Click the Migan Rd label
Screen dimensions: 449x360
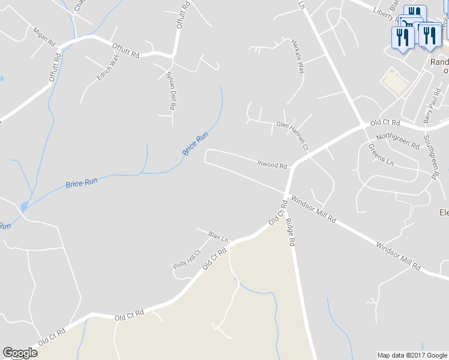[x=44, y=37]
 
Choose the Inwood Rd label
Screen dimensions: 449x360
[x=272, y=164]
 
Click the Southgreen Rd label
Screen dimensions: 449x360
[x=430, y=157]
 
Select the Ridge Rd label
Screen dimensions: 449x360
[x=291, y=233]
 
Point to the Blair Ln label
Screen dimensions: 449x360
[x=219, y=236]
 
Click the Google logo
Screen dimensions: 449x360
[x=20, y=353]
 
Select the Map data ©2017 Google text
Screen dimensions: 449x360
[x=412, y=355]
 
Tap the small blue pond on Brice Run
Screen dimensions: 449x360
[x=23, y=207]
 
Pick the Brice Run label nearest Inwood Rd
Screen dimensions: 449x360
[x=195, y=144]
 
